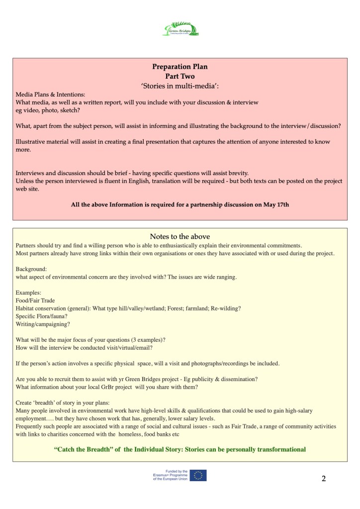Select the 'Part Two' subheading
pyautogui.click(x=180, y=76)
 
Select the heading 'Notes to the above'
pyautogui.click(x=180, y=236)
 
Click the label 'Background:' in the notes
pyautogui.click(x=32, y=269)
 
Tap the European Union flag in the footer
pyautogui.click(x=198, y=475)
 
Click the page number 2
pyautogui.click(x=324, y=479)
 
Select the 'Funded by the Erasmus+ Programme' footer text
pyautogui.click(x=170, y=475)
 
